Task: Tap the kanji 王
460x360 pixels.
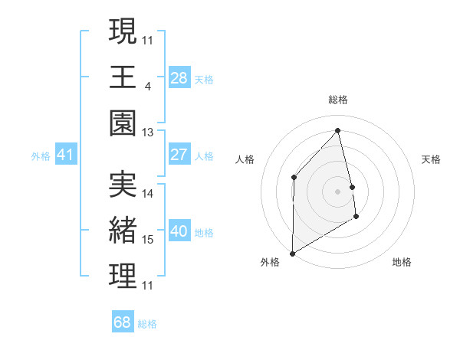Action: [x=123, y=78]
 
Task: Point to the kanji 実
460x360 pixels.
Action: [x=123, y=185]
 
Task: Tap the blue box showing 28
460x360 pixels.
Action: [x=179, y=78]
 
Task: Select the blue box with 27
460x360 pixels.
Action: [x=179, y=155]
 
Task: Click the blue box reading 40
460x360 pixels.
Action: [x=179, y=232]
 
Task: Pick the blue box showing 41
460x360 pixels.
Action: [x=65, y=155]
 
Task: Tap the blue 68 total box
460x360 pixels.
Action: [x=123, y=322]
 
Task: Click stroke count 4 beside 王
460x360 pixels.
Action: [x=147, y=86]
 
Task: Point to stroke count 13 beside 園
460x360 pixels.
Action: [x=148, y=133]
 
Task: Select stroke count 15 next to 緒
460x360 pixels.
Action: [x=148, y=240]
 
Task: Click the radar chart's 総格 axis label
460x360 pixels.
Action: [x=337, y=100]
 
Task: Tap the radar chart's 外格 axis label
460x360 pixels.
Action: [x=270, y=262]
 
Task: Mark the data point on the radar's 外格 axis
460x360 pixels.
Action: [x=292, y=253]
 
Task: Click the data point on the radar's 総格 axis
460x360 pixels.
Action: [x=337, y=129]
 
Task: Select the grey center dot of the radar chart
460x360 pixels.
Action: [x=337, y=191]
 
